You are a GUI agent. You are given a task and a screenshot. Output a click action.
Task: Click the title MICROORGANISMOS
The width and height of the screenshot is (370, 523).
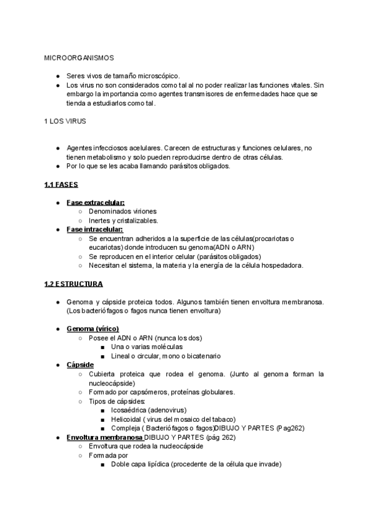[x=79, y=58]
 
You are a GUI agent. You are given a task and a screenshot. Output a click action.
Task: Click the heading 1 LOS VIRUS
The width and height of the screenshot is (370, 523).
[x=65, y=121]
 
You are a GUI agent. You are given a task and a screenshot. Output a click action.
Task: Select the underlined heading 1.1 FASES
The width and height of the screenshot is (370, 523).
[x=61, y=184]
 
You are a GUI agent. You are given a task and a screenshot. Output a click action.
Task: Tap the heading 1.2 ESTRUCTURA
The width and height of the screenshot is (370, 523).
[x=74, y=284]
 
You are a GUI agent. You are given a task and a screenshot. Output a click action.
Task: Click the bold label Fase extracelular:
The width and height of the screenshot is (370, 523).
[x=96, y=202]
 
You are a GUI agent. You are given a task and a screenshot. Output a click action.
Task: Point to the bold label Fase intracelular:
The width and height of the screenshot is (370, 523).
[x=95, y=229]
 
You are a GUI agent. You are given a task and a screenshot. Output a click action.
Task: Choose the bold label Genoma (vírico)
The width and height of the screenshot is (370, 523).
[x=92, y=329]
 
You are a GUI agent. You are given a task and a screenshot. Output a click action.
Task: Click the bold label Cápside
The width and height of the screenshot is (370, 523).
[x=80, y=364]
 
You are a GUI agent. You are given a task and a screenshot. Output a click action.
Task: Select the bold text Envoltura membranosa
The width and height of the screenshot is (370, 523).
[x=104, y=437]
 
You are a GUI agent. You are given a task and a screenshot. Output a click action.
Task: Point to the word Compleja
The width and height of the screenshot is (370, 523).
[x=125, y=428]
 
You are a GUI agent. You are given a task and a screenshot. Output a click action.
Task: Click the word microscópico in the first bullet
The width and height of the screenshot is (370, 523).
[x=160, y=75]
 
